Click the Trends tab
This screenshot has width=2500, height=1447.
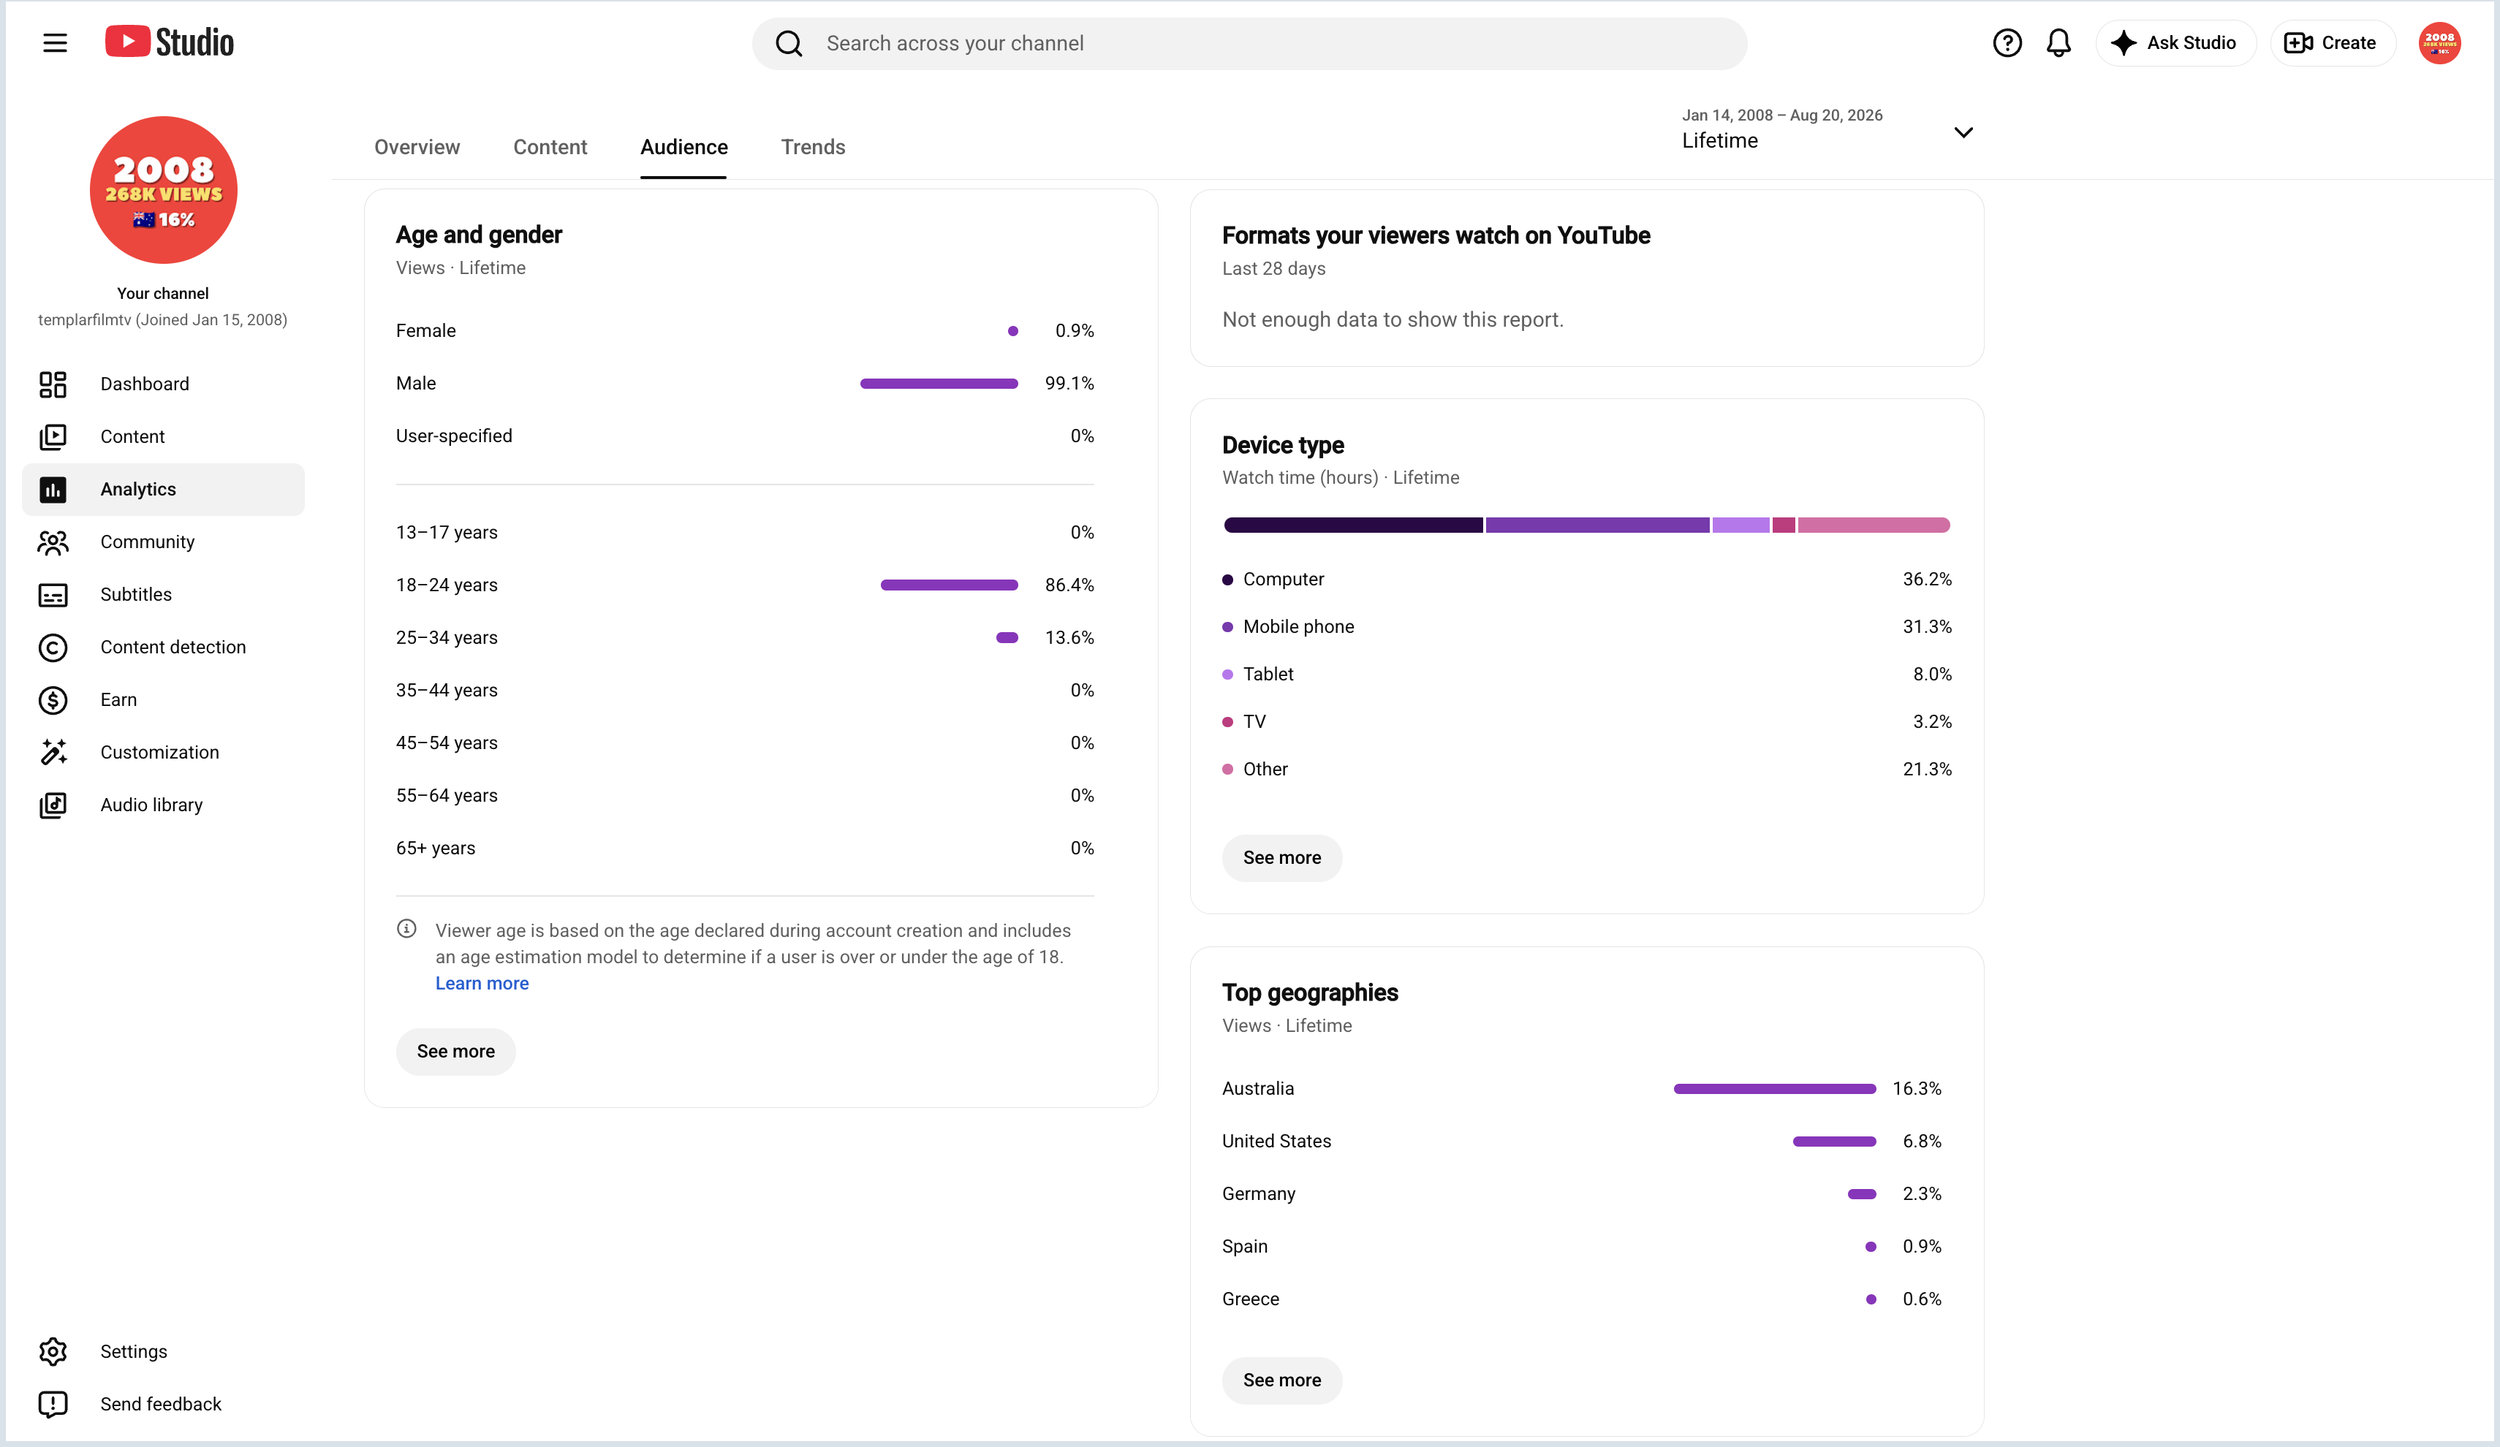pyautogui.click(x=813, y=147)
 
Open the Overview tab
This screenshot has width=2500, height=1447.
pyautogui.click(x=417, y=147)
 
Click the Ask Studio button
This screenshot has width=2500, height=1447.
pyautogui.click(x=2175, y=42)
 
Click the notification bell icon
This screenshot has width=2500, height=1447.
pyautogui.click(x=2058, y=42)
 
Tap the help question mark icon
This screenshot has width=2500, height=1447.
pyautogui.click(x=2007, y=42)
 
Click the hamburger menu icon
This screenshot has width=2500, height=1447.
pyautogui.click(x=55, y=42)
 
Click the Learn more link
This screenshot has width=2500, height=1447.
pyautogui.click(x=482, y=983)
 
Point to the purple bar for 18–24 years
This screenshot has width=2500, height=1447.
pyautogui.click(x=950, y=585)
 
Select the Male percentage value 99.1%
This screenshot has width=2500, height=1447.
pyautogui.click(x=1069, y=383)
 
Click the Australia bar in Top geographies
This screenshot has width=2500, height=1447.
pyautogui.click(x=1775, y=1089)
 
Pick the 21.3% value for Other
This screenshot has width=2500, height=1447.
pyautogui.click(x=1927, y=769)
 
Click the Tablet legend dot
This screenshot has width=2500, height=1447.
pyautogui.click(x=1227, y=675)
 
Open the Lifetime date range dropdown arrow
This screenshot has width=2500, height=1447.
pyautogui.click(x=1963, y=132)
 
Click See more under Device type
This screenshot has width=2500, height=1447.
pyautogui.click(x=1281, y=858)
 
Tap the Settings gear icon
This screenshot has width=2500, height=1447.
pyautogui.click(x=53, y=1351)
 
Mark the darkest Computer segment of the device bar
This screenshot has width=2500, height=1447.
pyautogui.click(x=1353, y=525)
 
